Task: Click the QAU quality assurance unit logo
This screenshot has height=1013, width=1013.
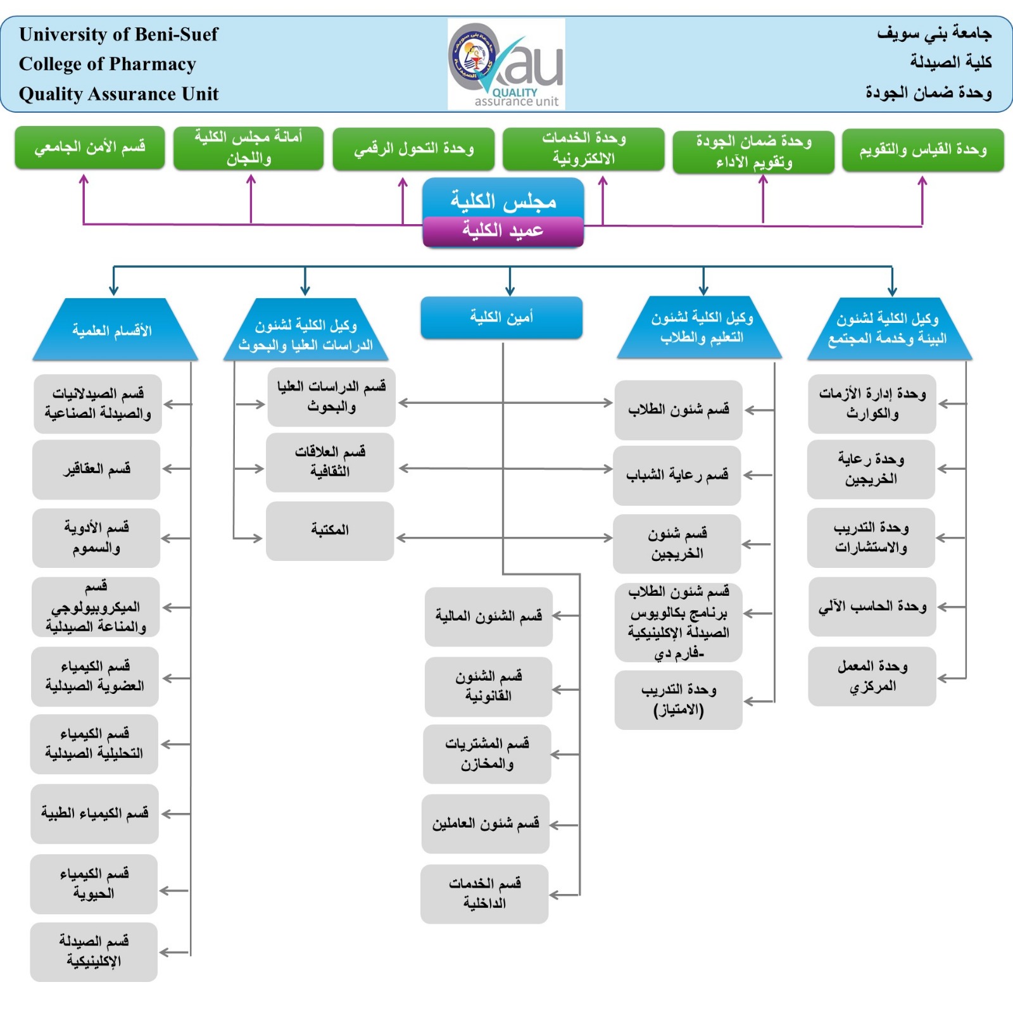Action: pos(506,64)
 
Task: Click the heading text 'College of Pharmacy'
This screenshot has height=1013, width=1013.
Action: pos(108,64)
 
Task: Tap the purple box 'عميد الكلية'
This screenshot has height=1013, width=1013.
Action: pos(503,230)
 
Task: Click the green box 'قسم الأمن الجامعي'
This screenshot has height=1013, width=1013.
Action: pos(90,148)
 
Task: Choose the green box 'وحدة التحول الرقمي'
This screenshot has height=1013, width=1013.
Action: pos(413,149)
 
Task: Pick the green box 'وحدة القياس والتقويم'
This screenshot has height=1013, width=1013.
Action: pos(922,150)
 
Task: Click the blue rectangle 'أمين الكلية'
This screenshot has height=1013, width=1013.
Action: pos(501,317)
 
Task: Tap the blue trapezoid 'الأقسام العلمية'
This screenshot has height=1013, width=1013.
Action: pos(114,330)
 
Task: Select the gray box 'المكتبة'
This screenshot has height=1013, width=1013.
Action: pos(330,531)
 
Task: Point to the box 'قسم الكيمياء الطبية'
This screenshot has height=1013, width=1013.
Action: pos(95,814)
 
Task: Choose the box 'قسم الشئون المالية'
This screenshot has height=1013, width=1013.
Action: pos(488,617)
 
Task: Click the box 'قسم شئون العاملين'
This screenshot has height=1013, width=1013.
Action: pos(486,824)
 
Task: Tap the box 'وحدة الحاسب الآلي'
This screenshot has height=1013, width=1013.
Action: pos(872,607)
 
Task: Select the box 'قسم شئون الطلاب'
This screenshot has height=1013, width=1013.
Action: pos(678,410)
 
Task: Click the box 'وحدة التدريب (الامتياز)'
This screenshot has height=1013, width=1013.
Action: pos(678,700)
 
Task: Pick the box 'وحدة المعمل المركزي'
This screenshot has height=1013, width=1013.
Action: pos(872,676)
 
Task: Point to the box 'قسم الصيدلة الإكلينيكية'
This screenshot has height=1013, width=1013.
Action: pos(94,952)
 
